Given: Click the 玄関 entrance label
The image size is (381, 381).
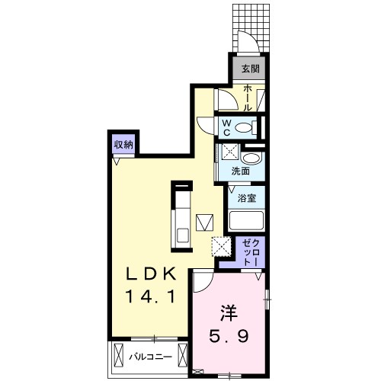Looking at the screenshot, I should (250, 68).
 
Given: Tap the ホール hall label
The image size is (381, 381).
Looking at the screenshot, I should (248, 98).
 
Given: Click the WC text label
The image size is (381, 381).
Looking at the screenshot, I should (227, 126).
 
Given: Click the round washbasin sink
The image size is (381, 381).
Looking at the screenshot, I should (255, 158).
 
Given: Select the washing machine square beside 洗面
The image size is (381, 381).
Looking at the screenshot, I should (229, 152).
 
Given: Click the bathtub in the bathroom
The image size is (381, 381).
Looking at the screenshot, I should (246, 222).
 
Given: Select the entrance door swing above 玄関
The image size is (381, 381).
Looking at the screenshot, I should (245, 43).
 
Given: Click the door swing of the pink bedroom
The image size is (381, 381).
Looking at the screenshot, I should (202, 283).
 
